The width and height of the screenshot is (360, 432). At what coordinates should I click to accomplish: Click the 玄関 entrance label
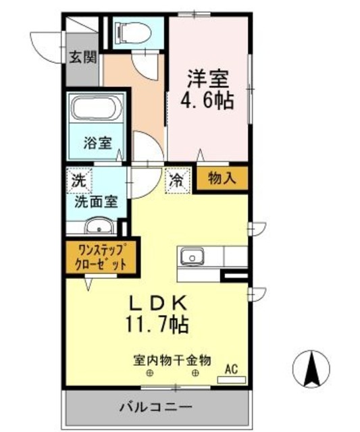tap(82, 57)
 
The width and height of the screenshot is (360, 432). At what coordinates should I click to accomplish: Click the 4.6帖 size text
tap(207, 102)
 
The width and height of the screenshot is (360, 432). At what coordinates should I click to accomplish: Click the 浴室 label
tap(97, 142)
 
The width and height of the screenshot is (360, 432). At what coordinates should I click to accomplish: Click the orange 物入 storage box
tap(222, 178)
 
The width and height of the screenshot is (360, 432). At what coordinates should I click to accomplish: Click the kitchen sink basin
tap(192, 256)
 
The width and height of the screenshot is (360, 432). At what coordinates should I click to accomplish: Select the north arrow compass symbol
tap(313, 370)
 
